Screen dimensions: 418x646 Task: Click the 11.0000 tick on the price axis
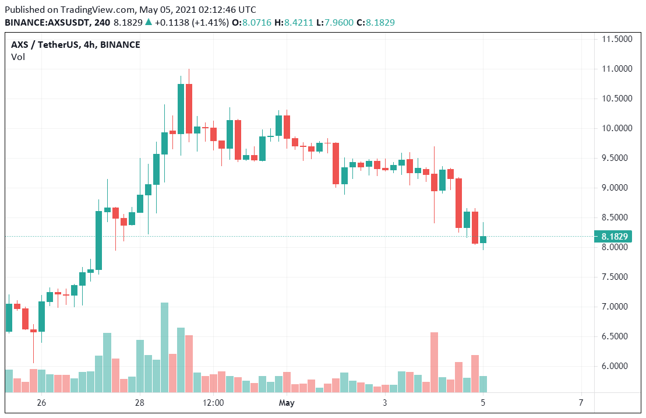pyautogui.click(x=616, y=69)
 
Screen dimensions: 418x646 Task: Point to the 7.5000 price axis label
pyautogui.click(x=616, y=277)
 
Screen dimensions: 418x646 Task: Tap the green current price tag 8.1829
pyautogui.click(x=614, y=236)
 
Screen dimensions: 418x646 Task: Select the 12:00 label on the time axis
pyautogui.click(x=213, y=403)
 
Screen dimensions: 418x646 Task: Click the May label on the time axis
pyautogui.click(x=287, y=403)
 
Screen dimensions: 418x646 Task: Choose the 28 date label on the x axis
pyautogui.click(x=139, y=403)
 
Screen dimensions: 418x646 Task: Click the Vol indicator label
pyautogui.click(x=17, y=57)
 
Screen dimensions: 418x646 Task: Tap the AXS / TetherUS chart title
pyautogui.click(x=76, y=45)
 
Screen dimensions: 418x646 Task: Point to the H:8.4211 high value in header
pyautogui.click(x=294, y=22)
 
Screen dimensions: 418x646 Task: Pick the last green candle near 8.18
pyautogui.click(x=483, y=240)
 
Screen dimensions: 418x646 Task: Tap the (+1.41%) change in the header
pyautogui.click(x=209, y=22)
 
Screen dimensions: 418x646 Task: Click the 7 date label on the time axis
pyautogui.click(x=581, y=403)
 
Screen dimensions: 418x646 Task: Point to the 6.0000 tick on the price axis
pyautogui.click(x=616, y=366)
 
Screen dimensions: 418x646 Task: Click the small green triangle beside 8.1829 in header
pyautogui.click(x=149, y=22)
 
